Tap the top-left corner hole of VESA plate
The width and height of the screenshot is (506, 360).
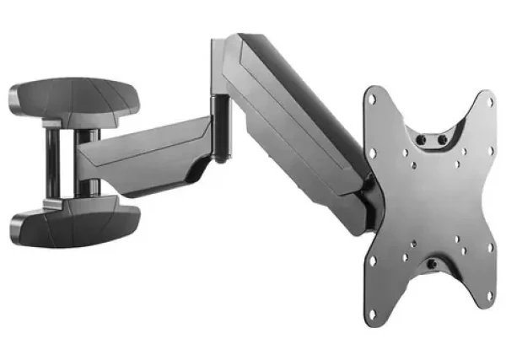pos(373,101)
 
